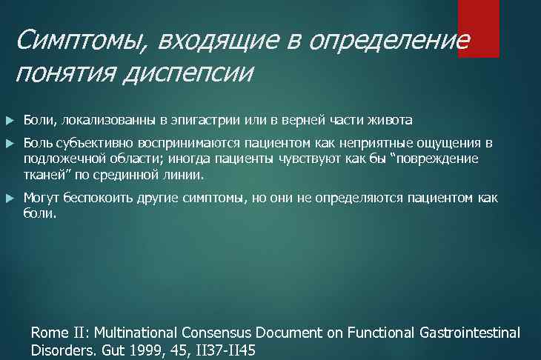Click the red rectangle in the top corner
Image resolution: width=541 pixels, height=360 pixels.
pos(478,28)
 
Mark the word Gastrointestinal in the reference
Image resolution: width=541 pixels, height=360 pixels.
pos(467,333)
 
